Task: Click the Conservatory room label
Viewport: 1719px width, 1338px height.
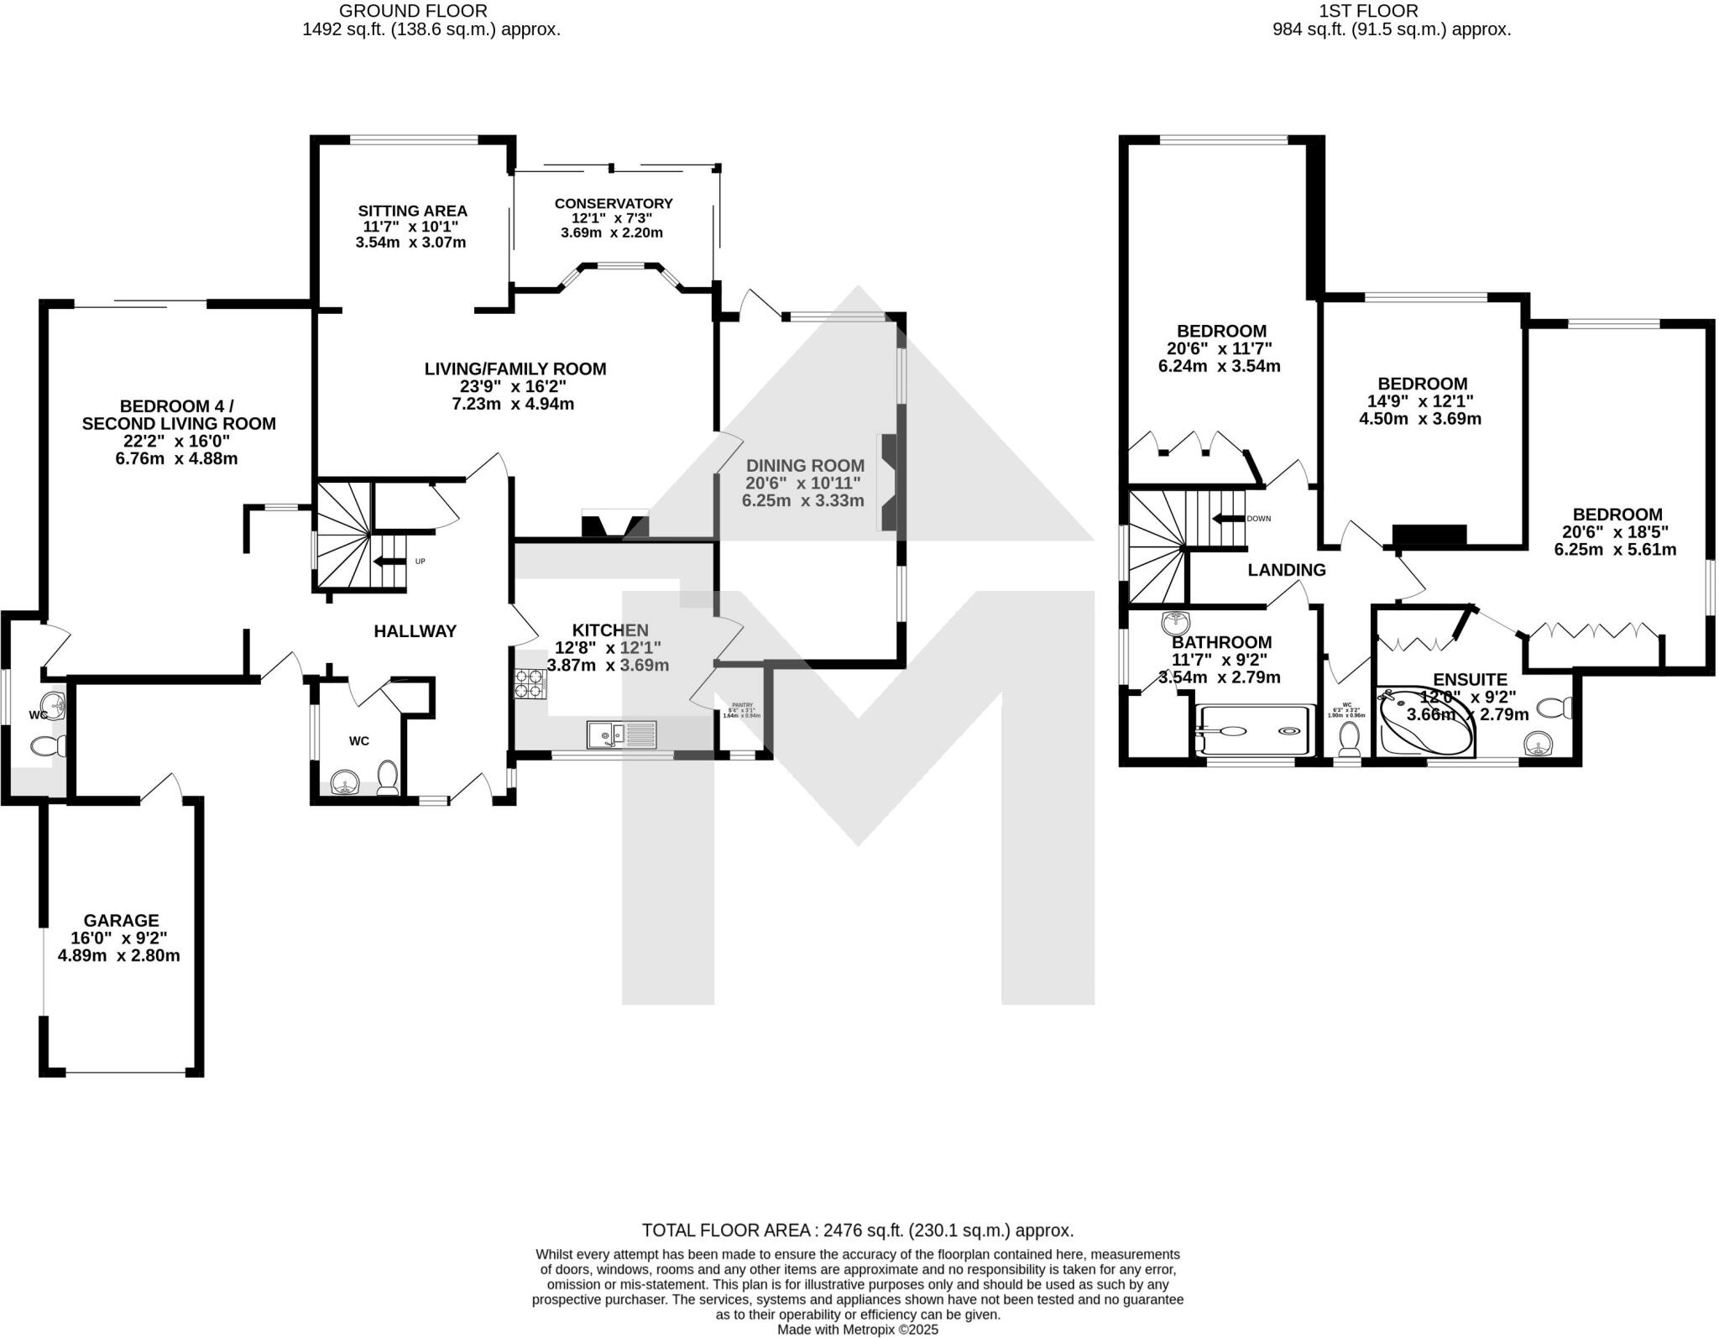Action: click(x=613, y=203)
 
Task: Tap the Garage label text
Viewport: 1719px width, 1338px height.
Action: click(x=121, y=921)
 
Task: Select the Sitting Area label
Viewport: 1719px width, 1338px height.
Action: click(x=412, y=211)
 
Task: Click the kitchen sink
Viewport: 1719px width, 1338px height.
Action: click(x=622, y=734)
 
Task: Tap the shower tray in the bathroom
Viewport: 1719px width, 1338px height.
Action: click(x=1254, y=730)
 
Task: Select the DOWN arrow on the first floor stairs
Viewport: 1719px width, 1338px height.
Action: click(x=1228, y=519)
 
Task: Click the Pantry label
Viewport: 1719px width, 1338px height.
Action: click(x=742, y=705)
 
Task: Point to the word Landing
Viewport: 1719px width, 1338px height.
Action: click(x=1286, y=570)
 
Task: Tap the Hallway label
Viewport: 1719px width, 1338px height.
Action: click(x=415, y=631)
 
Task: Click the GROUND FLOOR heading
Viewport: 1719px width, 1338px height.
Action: click(x=413, y=11)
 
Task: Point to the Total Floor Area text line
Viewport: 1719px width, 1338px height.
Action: click(x=857, y=1231)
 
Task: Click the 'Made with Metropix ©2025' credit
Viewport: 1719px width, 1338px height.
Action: click(x=857, y=1330)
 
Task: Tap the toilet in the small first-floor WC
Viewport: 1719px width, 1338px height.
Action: click(x=1349, y=738)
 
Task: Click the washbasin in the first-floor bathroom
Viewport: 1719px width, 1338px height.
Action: click(x=1178, y=623)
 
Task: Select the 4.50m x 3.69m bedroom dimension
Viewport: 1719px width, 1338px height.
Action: click(x=1419, y=418)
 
